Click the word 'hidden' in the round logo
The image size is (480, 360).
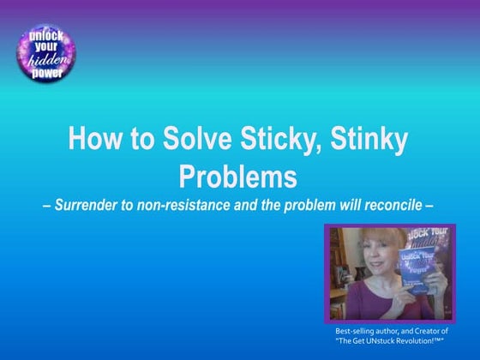(x=41, y=61)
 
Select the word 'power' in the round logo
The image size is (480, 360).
(x=41, y=73)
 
